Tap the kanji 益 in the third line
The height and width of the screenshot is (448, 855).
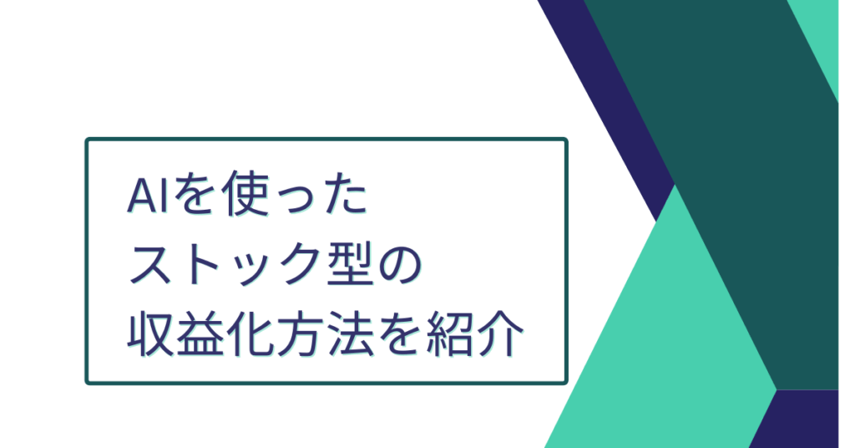(200, 333)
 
